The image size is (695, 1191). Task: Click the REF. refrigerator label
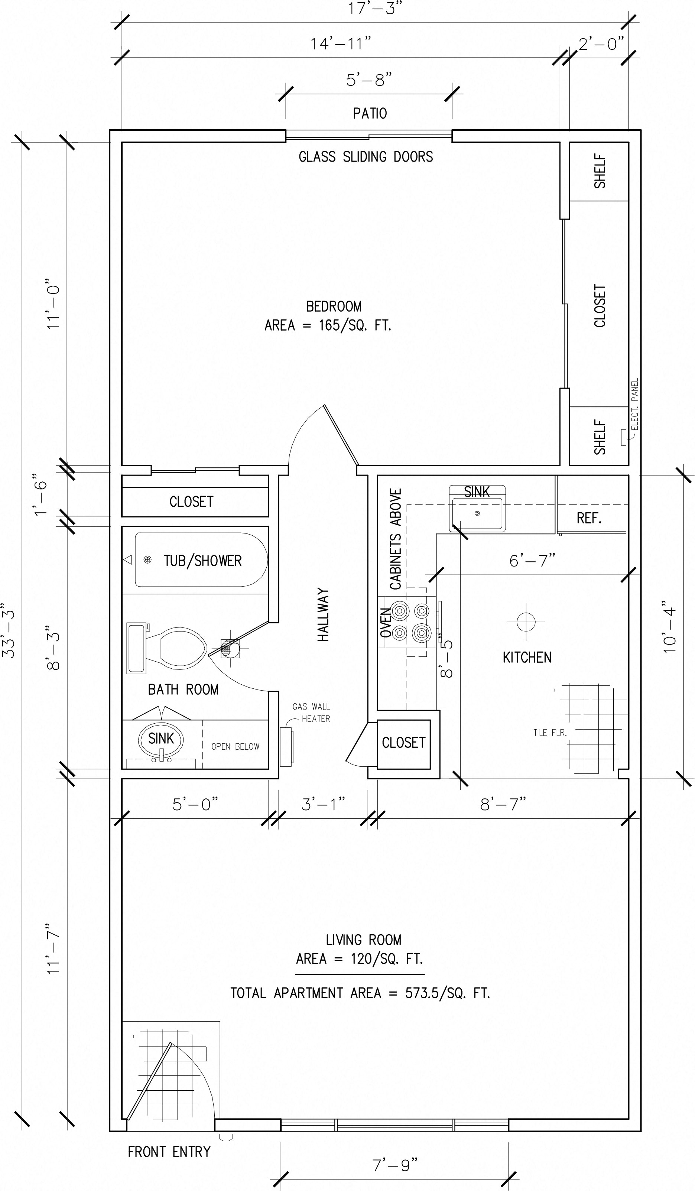[x=589, y=519]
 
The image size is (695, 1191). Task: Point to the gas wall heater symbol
[x=286, y=746]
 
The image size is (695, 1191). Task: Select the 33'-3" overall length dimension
[x=9, y=633]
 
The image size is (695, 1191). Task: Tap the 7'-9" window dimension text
[x=394, y=1165]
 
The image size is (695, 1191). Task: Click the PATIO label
[x=370, y=113]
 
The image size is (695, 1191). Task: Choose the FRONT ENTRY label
[x=169, y=1152]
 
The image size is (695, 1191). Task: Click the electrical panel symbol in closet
[x=624, y=437]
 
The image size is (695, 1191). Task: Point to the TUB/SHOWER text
[x=203, y=561]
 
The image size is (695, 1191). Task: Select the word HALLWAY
[x=323, y=614]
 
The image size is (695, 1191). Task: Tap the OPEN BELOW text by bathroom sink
[x=235, y=747]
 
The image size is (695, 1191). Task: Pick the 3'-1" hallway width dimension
[x=323, y=804]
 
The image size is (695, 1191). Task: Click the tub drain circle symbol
[x=147, y=560]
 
